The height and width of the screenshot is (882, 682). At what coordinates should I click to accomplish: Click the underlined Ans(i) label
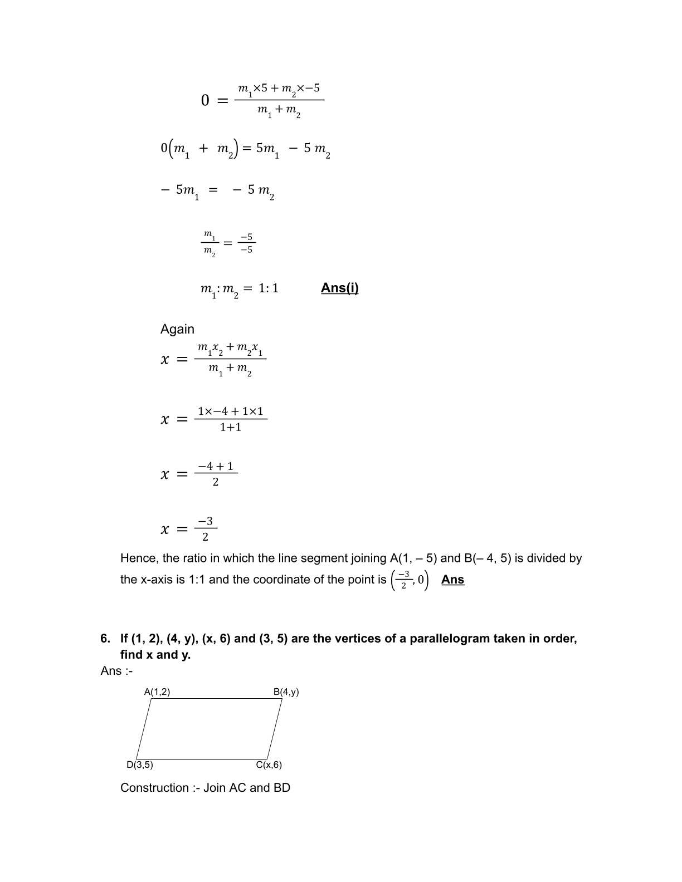pos(339,288)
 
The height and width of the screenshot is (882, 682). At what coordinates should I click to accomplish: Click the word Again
pos(177,329)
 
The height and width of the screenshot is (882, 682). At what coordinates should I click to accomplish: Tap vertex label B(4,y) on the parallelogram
pos(286,692)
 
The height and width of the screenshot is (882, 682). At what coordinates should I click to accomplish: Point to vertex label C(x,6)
pos(269,765)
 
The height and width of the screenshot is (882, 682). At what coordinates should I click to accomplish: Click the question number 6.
pos(105,639)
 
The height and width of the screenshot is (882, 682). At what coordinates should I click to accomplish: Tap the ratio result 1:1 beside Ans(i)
pos(269,288)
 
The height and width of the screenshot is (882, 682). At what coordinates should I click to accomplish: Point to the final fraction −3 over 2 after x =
pos(206,529)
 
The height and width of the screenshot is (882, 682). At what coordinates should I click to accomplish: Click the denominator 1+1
pos(230,428)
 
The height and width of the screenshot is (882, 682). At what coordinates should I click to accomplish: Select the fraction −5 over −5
pos(246,243)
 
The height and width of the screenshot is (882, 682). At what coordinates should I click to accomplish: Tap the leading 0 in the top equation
pos(205,101)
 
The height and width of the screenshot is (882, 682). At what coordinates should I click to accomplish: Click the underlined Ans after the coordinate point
pos(452,580)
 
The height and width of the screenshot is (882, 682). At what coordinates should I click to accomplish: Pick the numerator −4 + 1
pos(216,466)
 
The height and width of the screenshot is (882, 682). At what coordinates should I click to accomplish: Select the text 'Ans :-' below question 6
pos(116,671)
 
